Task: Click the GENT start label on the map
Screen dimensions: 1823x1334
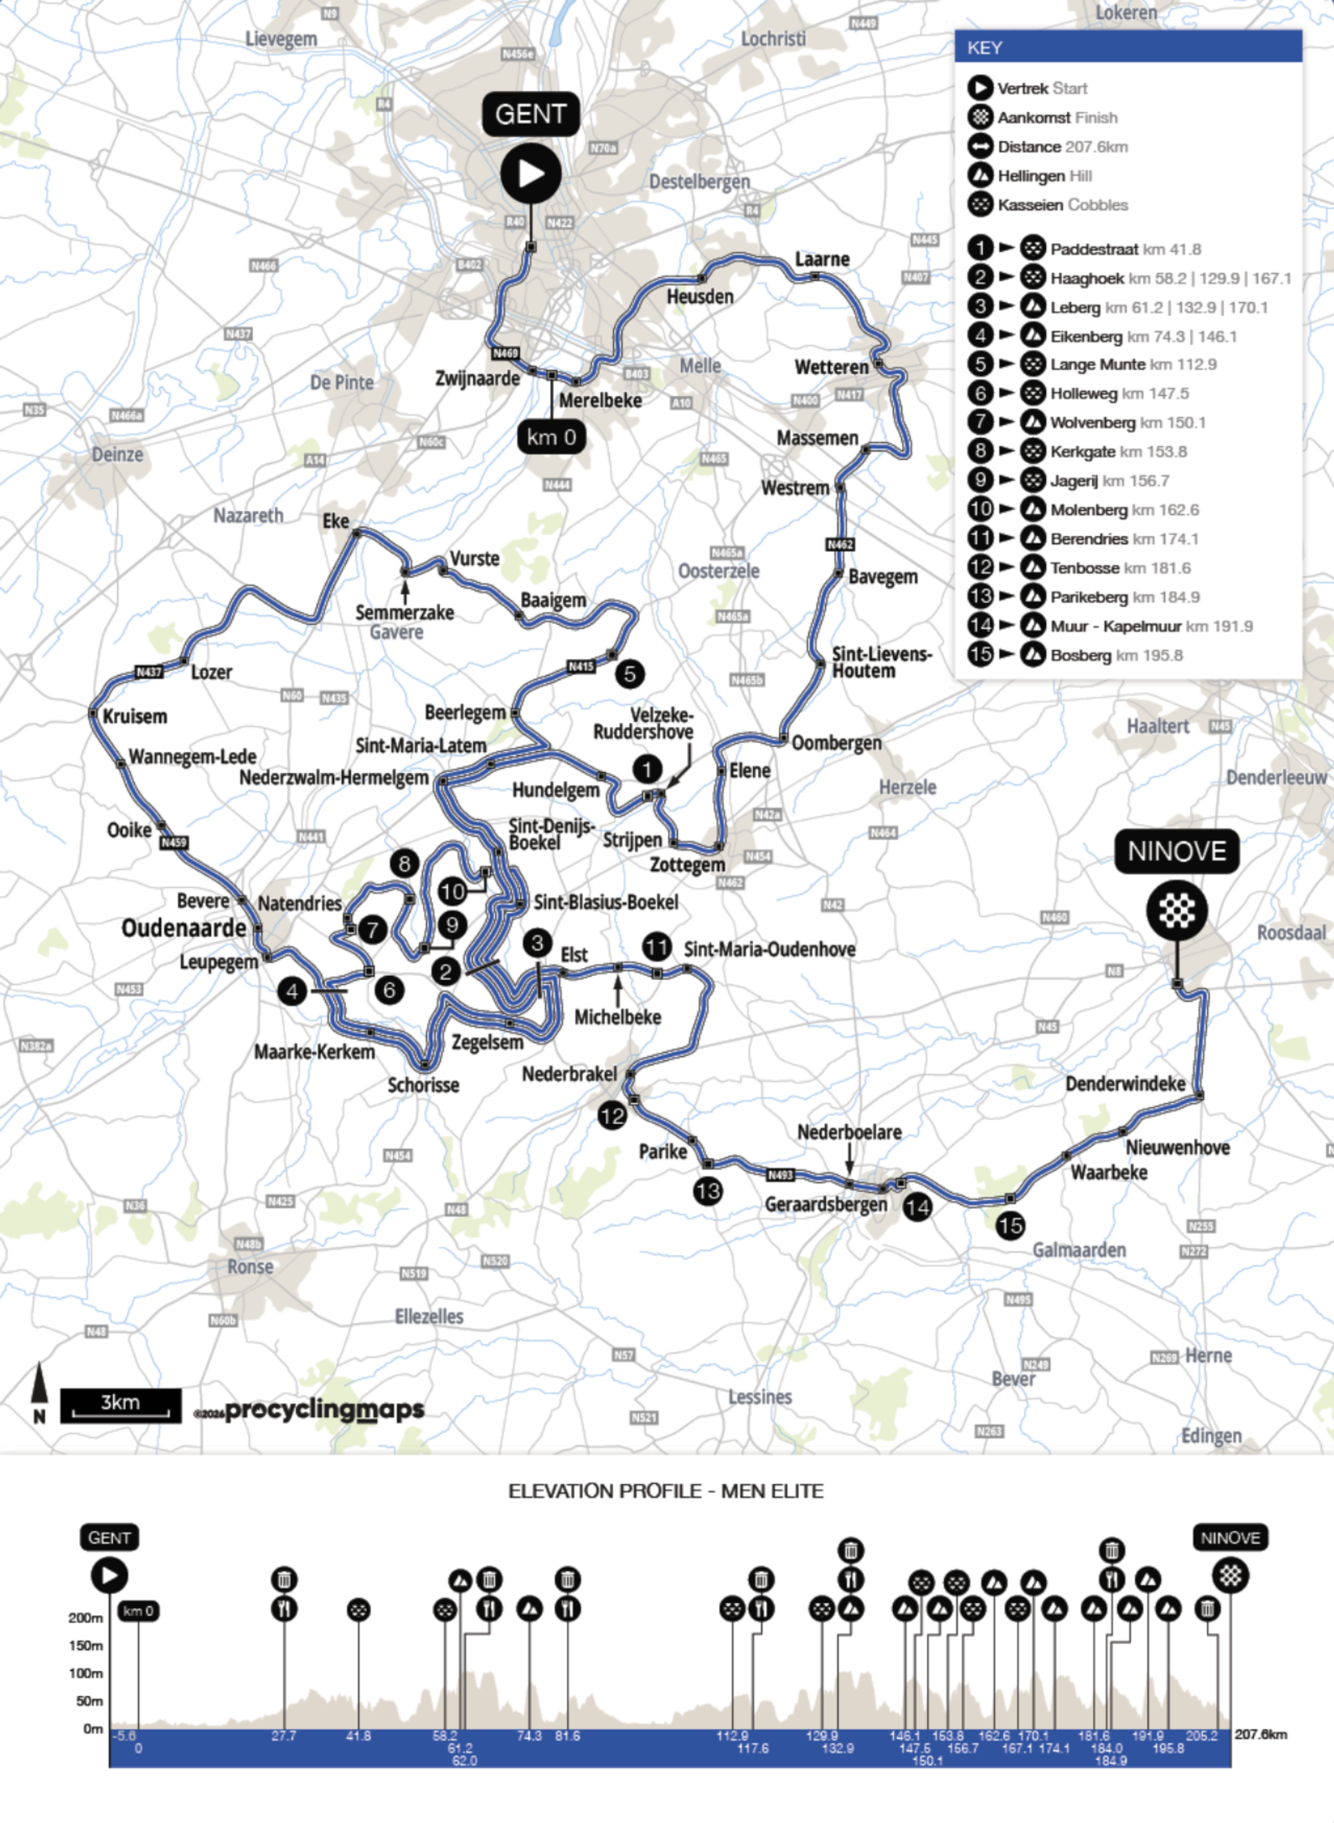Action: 531,114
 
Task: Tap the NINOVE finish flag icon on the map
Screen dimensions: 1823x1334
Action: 1176,910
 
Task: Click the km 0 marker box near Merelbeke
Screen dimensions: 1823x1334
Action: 552,437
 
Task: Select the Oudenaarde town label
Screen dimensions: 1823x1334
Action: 183,928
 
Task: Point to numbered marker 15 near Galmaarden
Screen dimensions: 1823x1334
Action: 1010,1225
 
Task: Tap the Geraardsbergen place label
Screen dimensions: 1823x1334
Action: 825,1204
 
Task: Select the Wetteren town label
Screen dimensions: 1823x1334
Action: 831,367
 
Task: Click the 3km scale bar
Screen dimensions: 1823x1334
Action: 120,1405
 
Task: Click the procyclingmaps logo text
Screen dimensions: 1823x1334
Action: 324,1409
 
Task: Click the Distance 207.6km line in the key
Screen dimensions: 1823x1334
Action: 1062,146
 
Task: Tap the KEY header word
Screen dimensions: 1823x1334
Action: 985,48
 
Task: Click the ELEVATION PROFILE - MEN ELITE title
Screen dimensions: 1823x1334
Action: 666,1491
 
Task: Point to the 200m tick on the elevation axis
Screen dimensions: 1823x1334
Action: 85,1618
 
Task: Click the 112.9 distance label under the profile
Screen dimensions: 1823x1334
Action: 732,1735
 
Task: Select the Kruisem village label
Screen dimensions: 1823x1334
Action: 135,717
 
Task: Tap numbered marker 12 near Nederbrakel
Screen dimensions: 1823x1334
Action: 611,1116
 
